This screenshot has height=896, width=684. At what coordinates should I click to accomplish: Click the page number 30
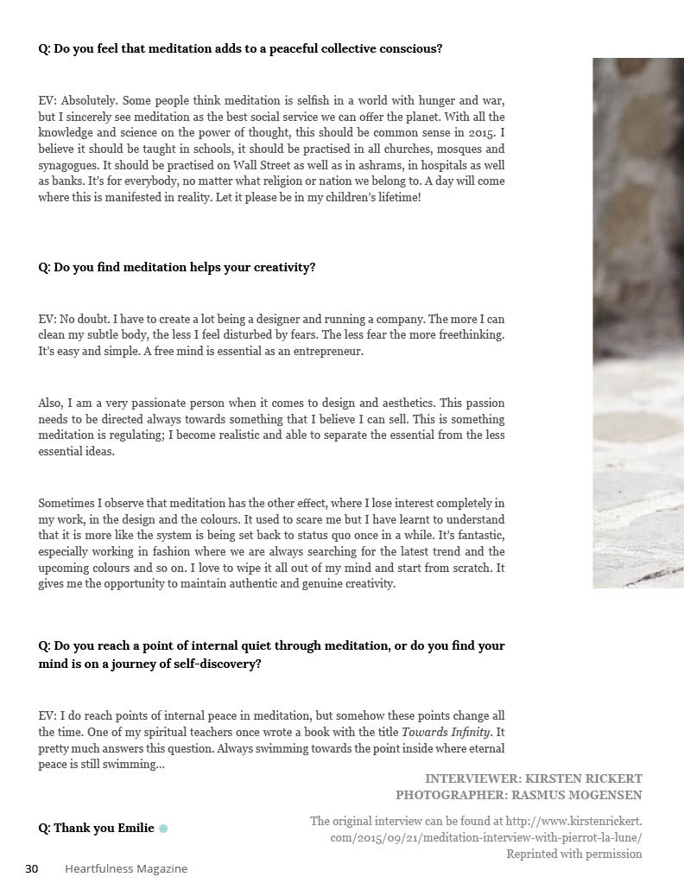tap(31, 868)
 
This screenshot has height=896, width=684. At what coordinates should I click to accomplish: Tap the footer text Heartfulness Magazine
tap(126, 868)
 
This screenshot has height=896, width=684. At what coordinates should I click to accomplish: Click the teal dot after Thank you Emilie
tap(163, 829)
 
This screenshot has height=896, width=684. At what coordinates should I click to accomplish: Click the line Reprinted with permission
tap(573, 854)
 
